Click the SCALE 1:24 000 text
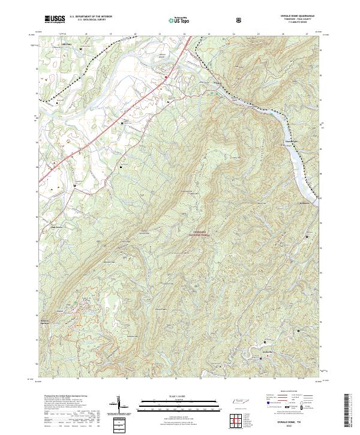pos(179,395)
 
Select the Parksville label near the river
pos(310,203)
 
